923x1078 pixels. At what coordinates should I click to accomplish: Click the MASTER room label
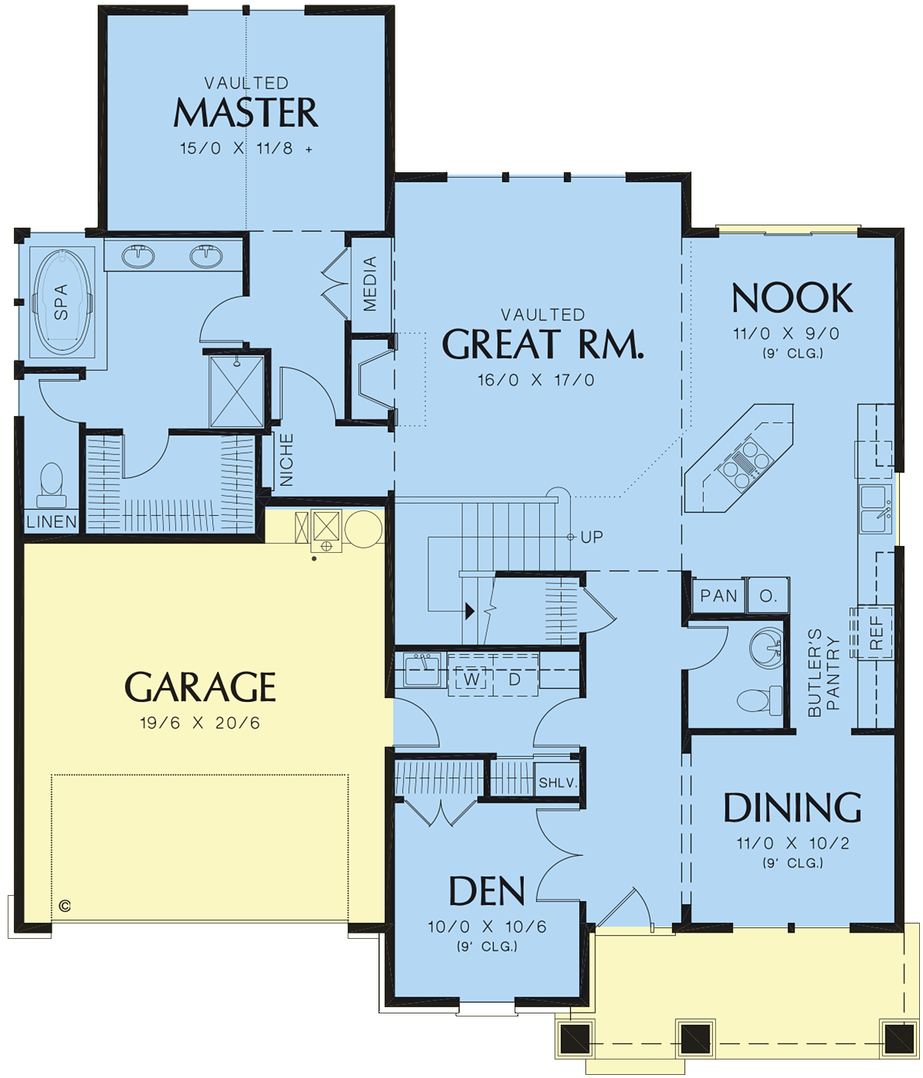[x=245, y=113]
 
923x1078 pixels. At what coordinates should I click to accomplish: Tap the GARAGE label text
[x=200, y=687]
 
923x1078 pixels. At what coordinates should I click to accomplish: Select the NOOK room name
[x=792, y=298]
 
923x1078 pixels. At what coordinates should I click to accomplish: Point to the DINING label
[x=792, y=807]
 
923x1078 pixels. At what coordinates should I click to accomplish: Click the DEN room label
[x=487, y=891]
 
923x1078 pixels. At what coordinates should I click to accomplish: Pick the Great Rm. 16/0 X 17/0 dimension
[x=536, y=380]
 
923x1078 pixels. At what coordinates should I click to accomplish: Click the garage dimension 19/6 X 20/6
[x=200, y=723]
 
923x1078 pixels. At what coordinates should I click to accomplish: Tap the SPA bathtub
[x=62, y=302]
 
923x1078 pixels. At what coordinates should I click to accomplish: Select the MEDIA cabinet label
[x=369, y=284]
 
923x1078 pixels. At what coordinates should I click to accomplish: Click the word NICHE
[x=286, y=460]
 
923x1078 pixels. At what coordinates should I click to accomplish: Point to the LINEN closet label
[x=51, y=521]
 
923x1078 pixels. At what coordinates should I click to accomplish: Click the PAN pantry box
[x=718, y=595]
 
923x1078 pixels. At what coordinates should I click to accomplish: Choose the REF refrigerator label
[x=876, y=633]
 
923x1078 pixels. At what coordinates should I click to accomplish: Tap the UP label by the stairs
[x=591, y=537]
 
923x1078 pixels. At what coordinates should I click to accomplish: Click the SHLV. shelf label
[x=558, y=782]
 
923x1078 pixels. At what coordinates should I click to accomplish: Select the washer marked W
[x=471, y=679]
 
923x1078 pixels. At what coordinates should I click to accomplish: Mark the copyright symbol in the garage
[x=65, y=905]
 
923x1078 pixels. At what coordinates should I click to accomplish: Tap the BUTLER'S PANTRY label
[x=823, y=672]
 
